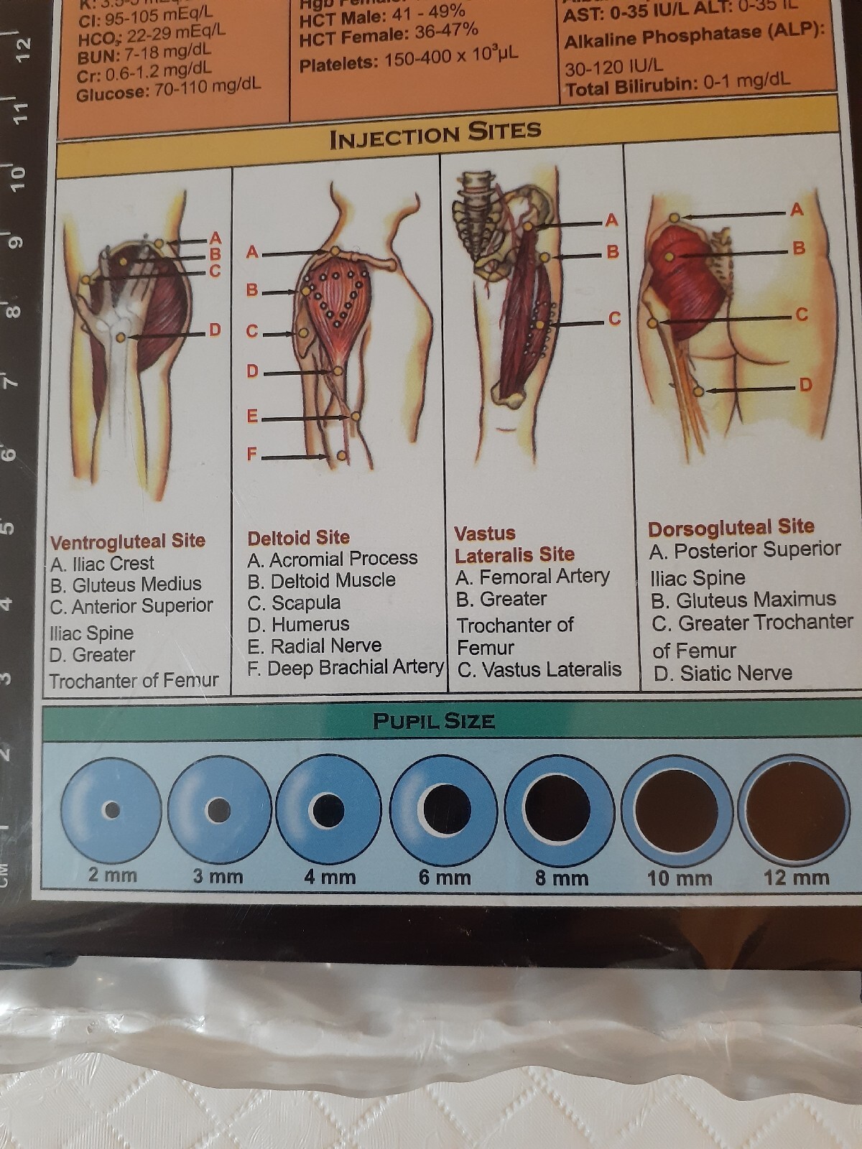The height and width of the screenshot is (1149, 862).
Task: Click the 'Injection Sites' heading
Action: (435, 134)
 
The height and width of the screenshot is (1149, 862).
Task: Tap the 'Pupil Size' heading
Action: (434, 721)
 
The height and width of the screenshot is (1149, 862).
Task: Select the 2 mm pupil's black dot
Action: (112, 810)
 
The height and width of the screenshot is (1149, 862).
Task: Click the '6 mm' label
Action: (445, 877)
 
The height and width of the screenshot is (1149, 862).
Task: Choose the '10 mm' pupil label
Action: (679, 878)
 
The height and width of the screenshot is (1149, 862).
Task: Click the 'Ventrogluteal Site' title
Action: (128, 541)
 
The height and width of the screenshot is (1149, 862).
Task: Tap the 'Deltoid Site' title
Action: (298, 538)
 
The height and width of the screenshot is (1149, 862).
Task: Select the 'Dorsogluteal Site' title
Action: (731, 527)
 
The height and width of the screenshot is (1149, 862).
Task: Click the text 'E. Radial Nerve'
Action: (314, 646)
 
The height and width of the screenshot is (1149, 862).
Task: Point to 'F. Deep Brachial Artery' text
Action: (345, 668)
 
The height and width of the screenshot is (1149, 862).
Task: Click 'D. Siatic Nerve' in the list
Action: (723, 673)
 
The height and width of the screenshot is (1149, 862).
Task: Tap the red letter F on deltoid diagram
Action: (251, 454)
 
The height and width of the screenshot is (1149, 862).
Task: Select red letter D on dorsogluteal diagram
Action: (805, 385)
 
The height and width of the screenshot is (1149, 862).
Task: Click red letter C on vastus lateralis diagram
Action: (614, 318)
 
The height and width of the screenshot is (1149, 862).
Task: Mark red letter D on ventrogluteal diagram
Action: (215, 330)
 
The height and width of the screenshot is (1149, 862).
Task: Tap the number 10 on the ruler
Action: (17, 175)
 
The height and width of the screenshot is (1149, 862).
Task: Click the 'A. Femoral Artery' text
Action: (532, 577)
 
